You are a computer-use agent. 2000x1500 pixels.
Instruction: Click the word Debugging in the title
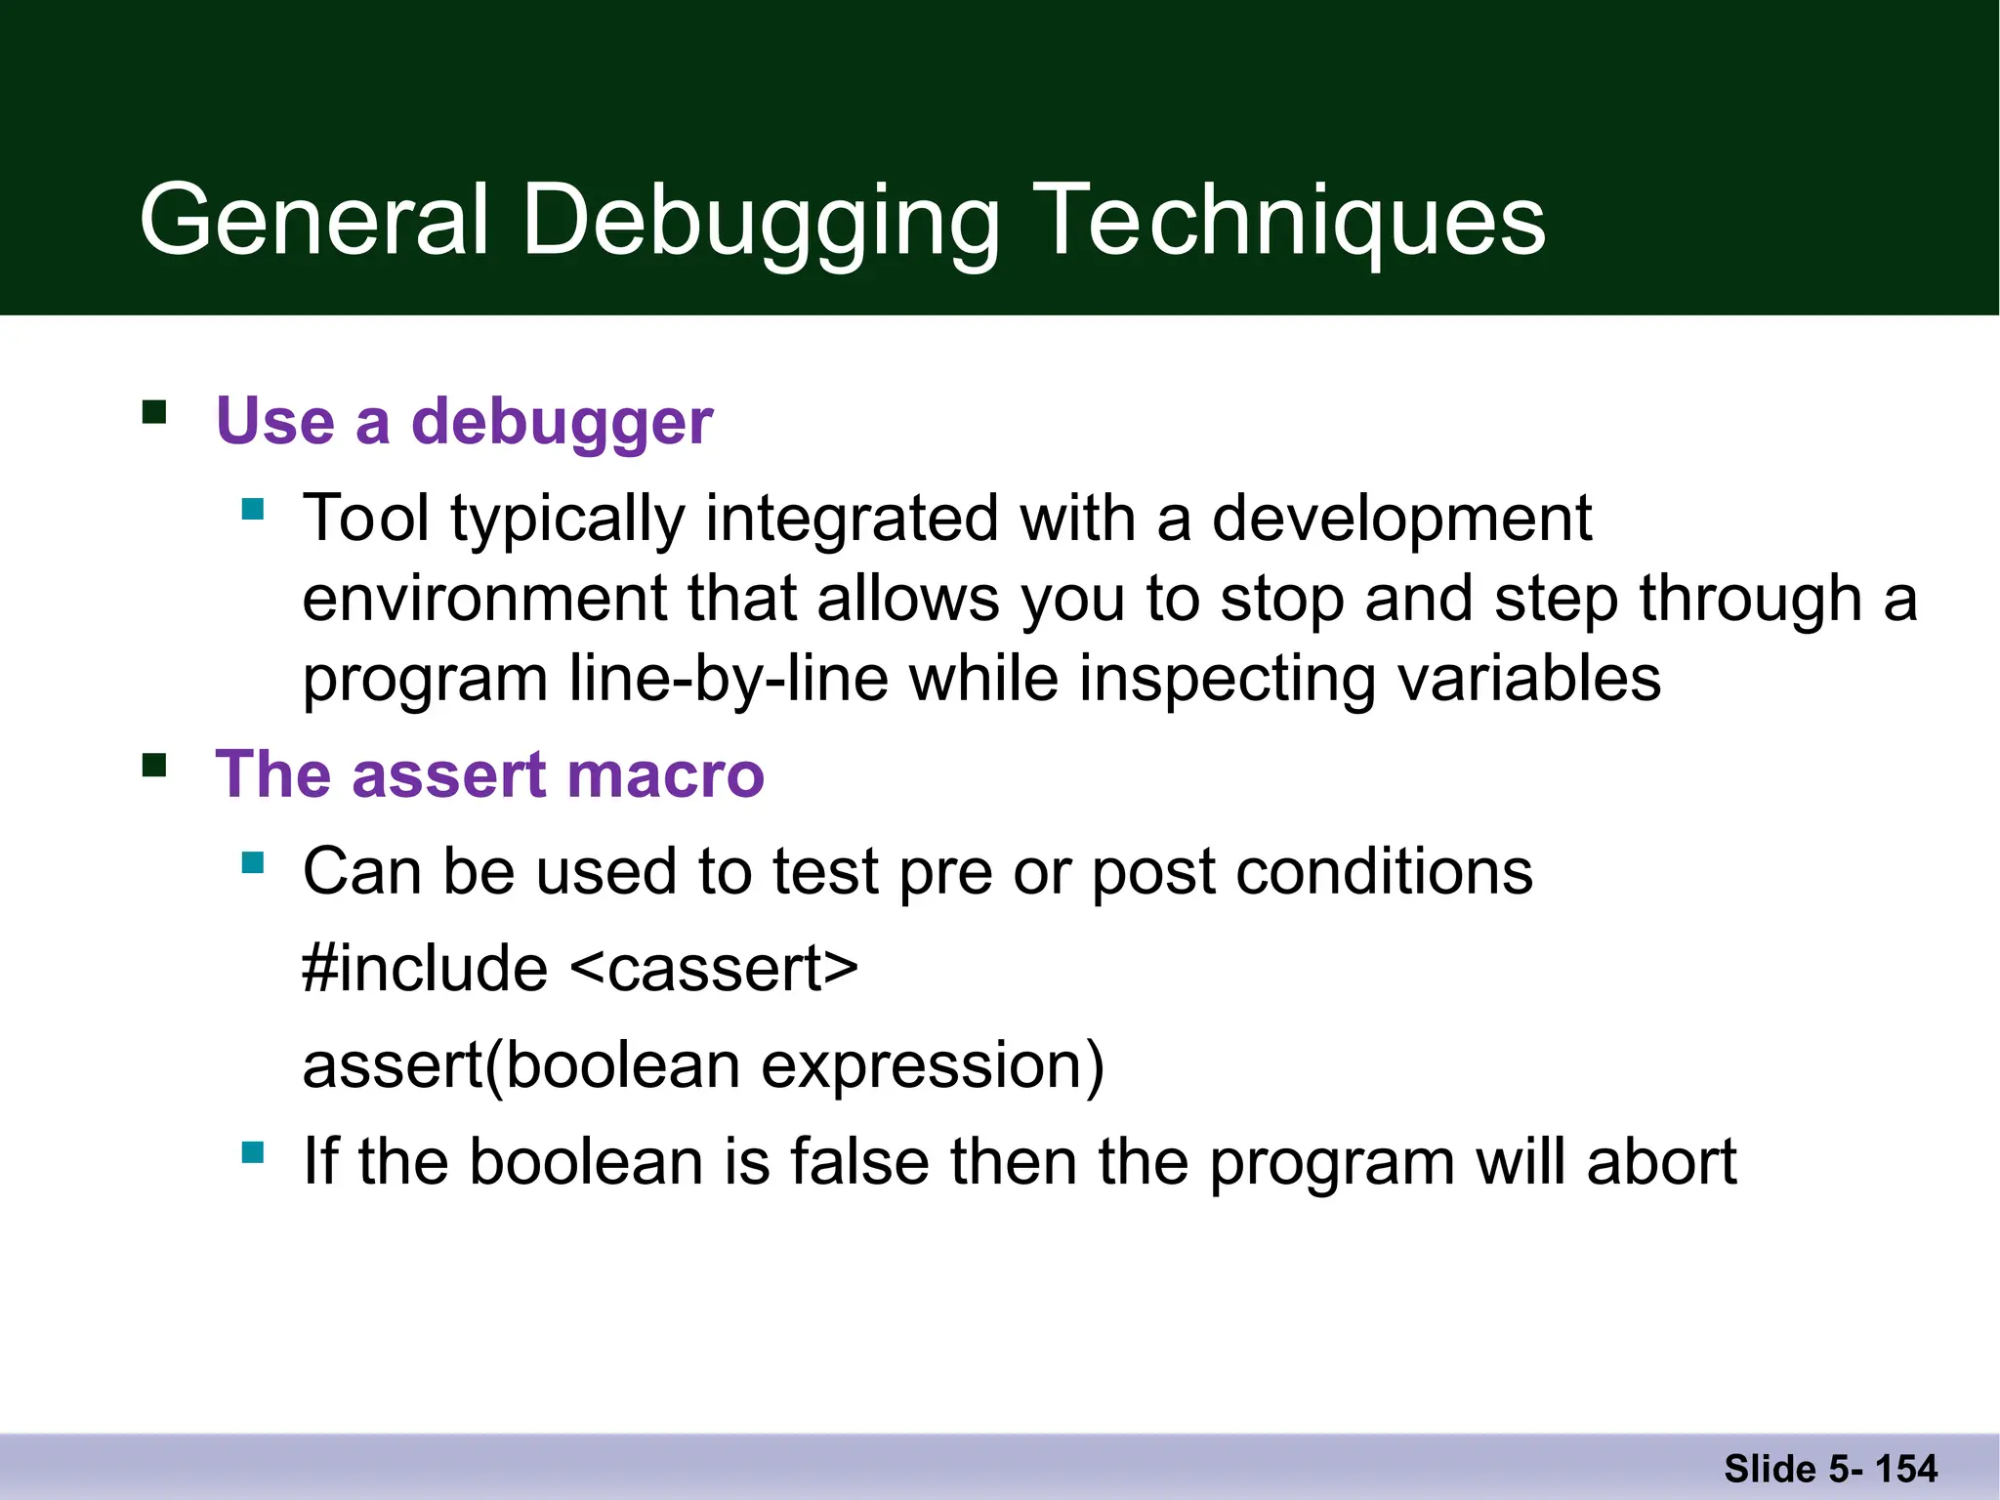click(x=762, y=223)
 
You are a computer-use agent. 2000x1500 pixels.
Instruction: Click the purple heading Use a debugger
click(x=464, y=422)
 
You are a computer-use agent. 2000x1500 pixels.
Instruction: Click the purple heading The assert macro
click(x=489, y=774)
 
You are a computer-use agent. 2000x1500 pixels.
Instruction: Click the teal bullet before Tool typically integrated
click(x=253, y=509)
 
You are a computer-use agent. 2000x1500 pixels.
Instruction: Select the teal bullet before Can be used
click(x=253, y=862)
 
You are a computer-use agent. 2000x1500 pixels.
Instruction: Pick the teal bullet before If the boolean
click(x=253, y=1153)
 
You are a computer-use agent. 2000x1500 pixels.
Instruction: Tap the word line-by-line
click(x=729, y=678)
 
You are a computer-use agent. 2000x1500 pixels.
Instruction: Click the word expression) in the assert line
click(x=933, y=1065)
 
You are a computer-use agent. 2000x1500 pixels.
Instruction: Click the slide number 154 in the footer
click(x=1905, y=1469)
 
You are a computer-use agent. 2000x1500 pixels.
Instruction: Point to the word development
click(x=1401, y=518)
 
